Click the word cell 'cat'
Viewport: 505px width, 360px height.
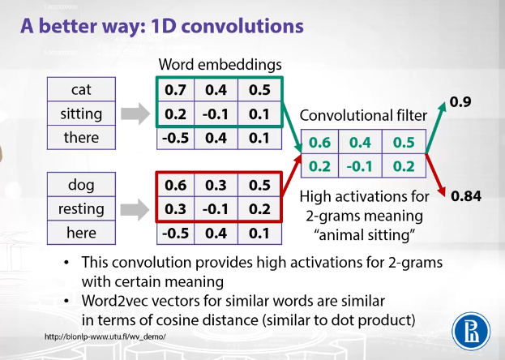tap(81, 89)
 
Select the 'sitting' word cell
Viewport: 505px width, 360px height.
tap(81, 114)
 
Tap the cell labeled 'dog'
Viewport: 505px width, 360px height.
tap(81, 185)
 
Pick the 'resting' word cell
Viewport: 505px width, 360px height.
tap(81, 208)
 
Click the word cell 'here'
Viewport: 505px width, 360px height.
tap(81, 233)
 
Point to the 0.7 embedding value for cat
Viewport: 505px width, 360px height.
tap(176, 90)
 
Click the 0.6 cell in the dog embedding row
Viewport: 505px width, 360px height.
tap(176, 185)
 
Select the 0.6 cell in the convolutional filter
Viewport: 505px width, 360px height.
tap(319, 142)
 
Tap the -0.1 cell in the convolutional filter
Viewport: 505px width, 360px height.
tap(360, 166)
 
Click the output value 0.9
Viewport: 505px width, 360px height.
tap(460, 102)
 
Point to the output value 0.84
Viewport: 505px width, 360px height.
tap(466, 196)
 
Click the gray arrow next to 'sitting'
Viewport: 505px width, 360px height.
tap(135, 114)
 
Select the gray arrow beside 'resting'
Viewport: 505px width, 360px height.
tap(135, 209)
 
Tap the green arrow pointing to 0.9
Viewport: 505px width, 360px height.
tap(436, 127)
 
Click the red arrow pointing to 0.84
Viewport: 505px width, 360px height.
tap(435, 175)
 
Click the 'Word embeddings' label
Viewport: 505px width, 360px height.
tap(220, 64)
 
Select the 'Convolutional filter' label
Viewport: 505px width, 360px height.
tap(363, 115)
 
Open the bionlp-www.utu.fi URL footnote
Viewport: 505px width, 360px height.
tap(105, 336)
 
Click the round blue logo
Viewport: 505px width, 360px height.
tap(471, 332)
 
